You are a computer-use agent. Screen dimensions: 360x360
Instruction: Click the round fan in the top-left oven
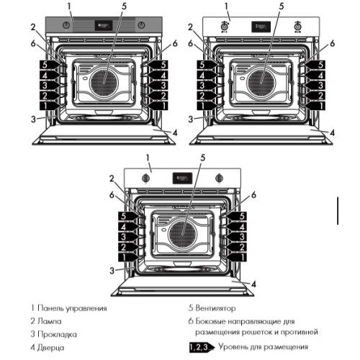click(x=103, y=78)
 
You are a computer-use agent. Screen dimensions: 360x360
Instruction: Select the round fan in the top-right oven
click(x=261, y=78)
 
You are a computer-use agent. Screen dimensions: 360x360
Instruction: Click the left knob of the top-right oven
click(x=224, y=27)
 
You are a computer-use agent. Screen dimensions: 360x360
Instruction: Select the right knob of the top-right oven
click(x=297, y=27)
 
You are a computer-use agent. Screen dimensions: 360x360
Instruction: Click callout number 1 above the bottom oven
click(x=147, y=157)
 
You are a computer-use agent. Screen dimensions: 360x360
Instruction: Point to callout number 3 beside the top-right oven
click(x=192, y=117)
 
